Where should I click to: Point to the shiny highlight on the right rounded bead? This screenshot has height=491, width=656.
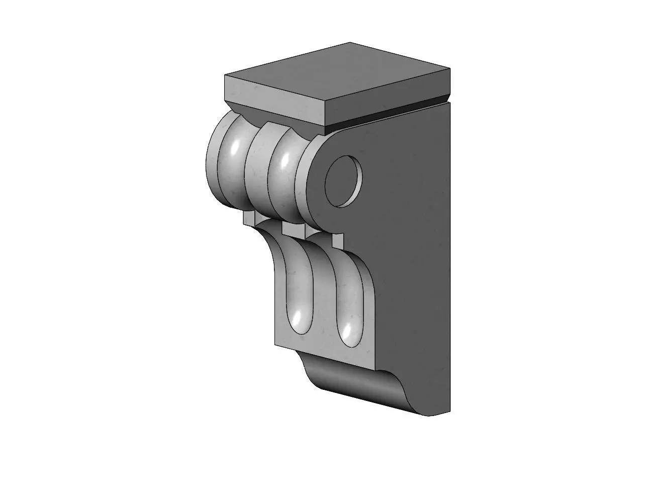tap(285, 160)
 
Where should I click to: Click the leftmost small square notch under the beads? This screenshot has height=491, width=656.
tap(248, 217)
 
